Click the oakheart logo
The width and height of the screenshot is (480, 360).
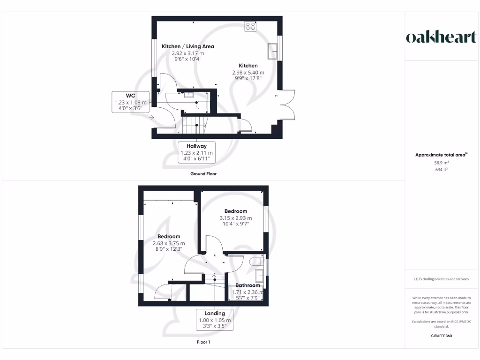tap(441, 37)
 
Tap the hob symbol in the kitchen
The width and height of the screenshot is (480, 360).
tap(250, 26)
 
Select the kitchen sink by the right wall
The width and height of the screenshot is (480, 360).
tap(272, 51)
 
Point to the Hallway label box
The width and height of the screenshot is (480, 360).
tap(196, 152)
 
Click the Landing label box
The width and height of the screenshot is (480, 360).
tap(215, 320)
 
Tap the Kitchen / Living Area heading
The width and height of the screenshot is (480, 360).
tap(188, 46)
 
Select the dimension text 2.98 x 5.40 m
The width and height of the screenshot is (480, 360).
tap(248, 73)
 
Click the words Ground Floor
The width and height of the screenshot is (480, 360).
tap(203, 173)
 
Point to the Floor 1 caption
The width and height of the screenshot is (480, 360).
tap(203, 342)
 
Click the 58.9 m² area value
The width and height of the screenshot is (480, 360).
tap(441, 162)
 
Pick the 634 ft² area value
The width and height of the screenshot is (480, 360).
tap(441, 170)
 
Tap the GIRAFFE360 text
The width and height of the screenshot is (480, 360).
tap(441, 336)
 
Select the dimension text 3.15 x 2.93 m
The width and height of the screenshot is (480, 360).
tap(236, 218)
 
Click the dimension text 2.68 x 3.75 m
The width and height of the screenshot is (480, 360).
tap(169, 243)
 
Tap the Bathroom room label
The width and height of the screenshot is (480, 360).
tap(247, 285)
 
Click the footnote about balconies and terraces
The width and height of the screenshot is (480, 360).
tap(441, 279)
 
